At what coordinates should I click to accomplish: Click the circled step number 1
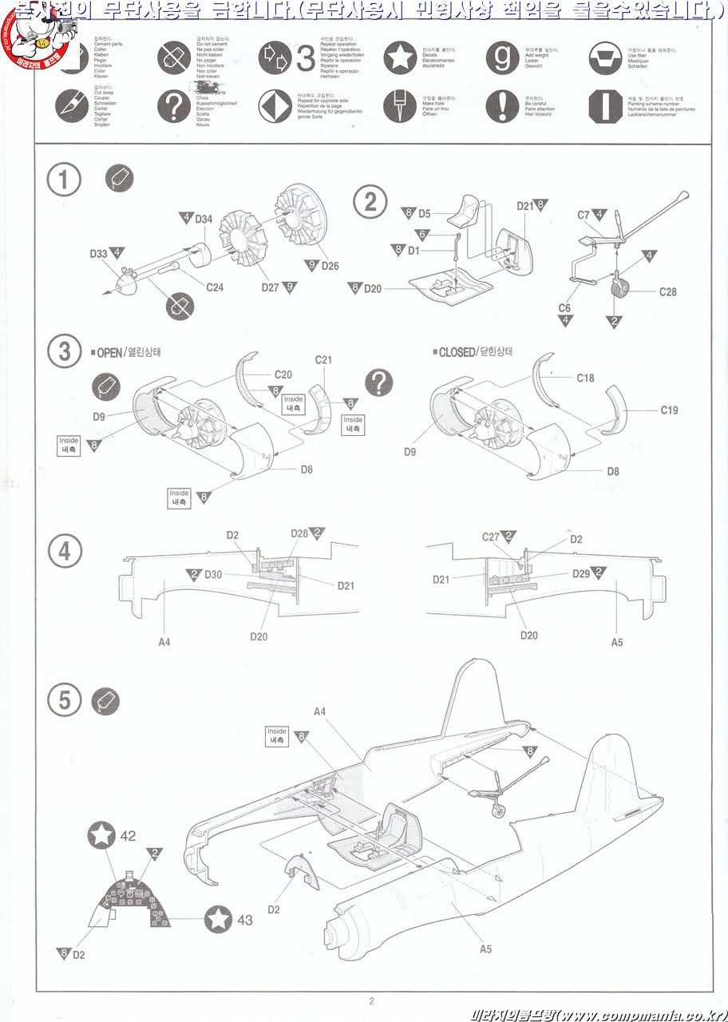point(64,181)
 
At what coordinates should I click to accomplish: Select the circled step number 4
point(64,552)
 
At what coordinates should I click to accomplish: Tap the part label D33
point(98,254)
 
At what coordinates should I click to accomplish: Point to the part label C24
point(215,287)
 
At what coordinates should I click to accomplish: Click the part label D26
point(330,265)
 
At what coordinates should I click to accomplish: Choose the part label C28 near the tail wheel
point(667,292)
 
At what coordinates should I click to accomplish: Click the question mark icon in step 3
point(379,383)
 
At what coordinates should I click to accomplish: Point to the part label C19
point(669,410)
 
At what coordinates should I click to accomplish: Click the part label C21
point(323,360)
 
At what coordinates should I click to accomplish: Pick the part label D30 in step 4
point(213,575)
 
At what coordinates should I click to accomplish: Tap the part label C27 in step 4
point(491,537)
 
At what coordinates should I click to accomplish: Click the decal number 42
point(128,837)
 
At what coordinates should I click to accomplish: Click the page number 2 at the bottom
point(371,1001)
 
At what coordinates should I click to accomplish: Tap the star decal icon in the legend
point(400,58)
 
